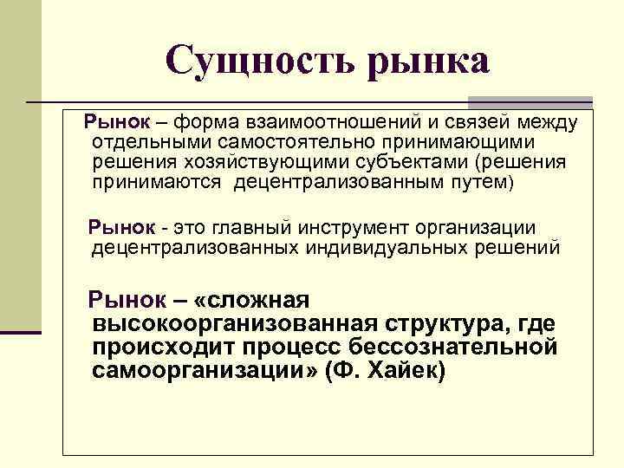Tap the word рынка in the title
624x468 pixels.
point(429,61)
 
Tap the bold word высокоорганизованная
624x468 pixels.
point(233,324)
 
